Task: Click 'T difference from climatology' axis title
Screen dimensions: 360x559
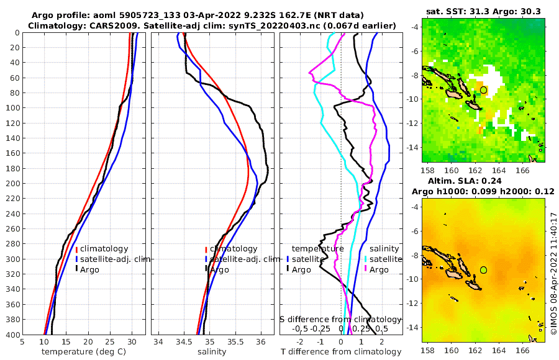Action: [x=341, y=352]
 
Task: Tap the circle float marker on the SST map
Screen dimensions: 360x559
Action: [x=483, y=90]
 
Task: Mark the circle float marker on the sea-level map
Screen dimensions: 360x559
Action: [x=483, y=270]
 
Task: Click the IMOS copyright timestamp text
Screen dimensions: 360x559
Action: [x=553, y=274]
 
